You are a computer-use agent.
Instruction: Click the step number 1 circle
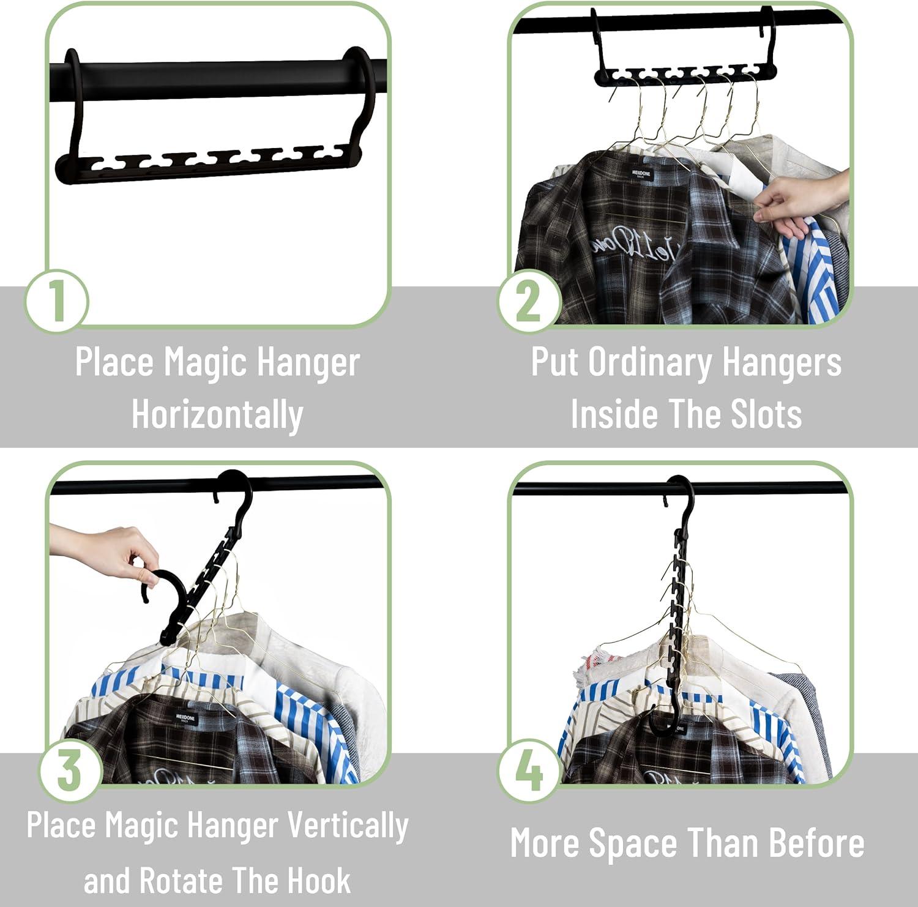click(x=56, y=300)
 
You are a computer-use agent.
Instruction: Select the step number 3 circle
click(x=70, y=770)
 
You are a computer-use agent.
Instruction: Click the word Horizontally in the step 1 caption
click(x=217, y=415)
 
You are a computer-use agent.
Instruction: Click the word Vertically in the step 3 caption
click(x=348, y=826)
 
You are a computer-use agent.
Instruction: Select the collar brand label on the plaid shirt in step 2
click(x=643, y=175)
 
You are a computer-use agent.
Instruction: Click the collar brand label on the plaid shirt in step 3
click(x=185, y=717)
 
